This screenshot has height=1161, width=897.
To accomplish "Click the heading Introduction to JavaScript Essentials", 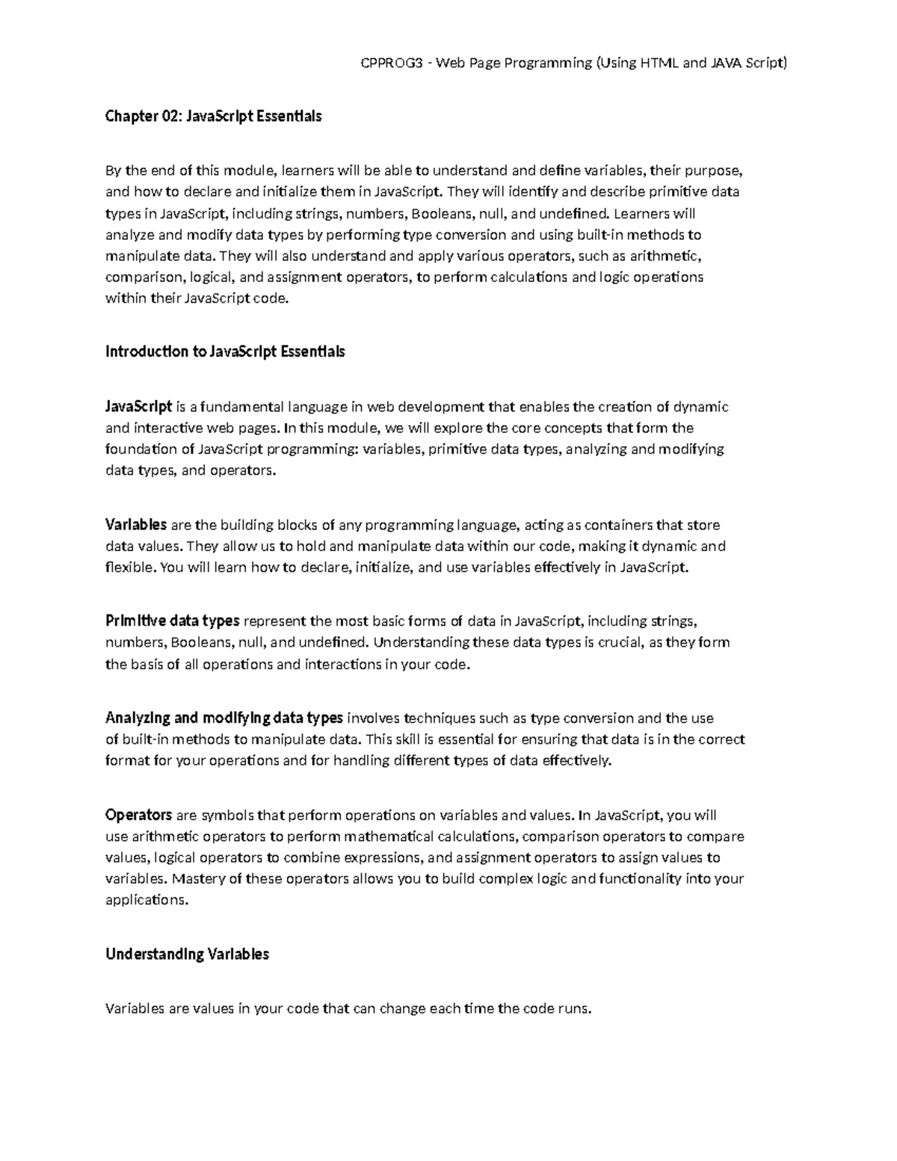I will pyautogui.click(x=225, y=351).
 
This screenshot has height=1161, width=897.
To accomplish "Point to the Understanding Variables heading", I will pyautogui.click(x=187, y=954).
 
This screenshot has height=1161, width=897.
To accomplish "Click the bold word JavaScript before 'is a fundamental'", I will pyautogui.click(x=139, y=407).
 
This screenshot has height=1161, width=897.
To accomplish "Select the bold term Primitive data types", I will pyautogui.click(x=172, y=620).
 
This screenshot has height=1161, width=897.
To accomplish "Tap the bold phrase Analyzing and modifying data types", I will pyautogui.click(x=224, y=718).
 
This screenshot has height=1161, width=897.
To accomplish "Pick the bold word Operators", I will pyautogui.click(x=139, y=815).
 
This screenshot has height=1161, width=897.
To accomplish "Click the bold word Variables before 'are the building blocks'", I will pyautogui.click(x=136, y=525).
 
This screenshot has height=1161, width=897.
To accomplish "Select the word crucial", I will pyautogui.click(x=620, y=642).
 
